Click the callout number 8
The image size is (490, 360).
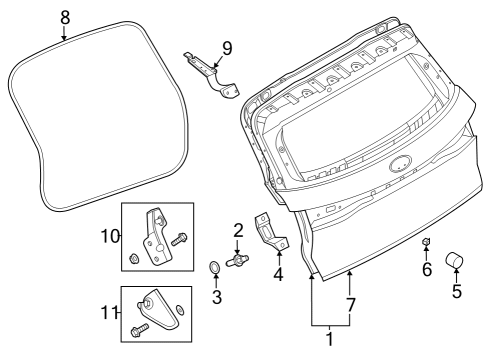(65, 16)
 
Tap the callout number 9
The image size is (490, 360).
(227, 46)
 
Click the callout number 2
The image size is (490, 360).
(238, 230)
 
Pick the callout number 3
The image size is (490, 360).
(216, 297)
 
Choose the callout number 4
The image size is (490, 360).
(278, 271)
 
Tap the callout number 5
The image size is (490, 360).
(457, 294)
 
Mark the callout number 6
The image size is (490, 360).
(426, 269)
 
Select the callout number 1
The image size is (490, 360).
(330, 339)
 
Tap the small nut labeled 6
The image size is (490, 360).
(426, 243)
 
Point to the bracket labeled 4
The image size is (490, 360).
(273, 231)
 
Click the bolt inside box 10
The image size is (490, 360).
(181, 239)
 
